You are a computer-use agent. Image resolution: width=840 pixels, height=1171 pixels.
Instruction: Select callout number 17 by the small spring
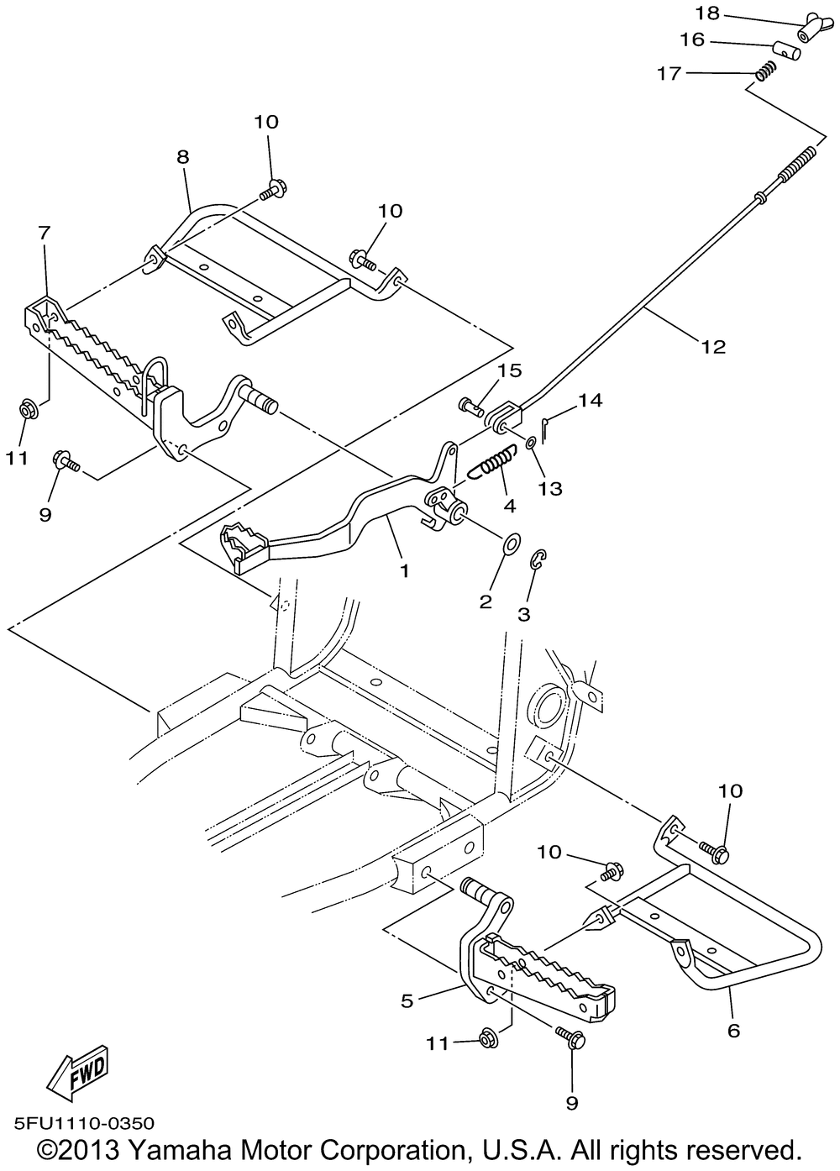point(669,74)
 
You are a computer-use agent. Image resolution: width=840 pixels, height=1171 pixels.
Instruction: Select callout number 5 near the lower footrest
point(407,1000)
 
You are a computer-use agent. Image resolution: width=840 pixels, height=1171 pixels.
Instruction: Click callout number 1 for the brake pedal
point(404,570)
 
